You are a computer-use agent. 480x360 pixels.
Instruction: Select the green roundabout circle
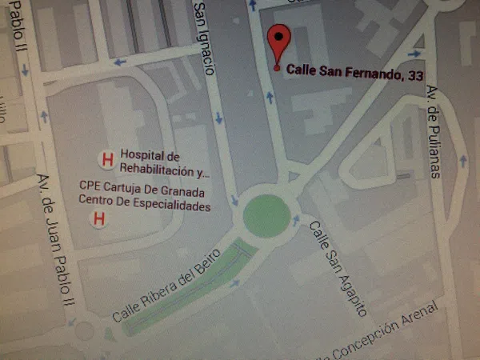266,215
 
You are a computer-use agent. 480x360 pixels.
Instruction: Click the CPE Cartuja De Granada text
142,193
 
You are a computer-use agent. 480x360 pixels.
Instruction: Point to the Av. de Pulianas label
433,133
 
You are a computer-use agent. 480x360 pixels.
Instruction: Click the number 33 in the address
415,75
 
